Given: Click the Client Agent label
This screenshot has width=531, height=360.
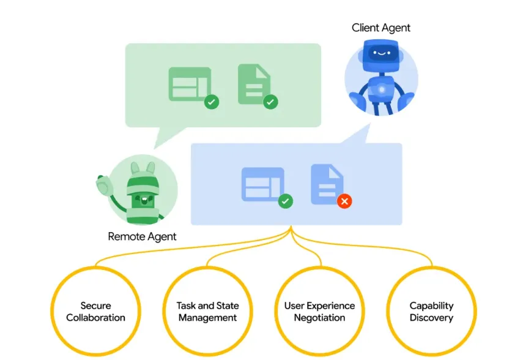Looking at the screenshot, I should point(381,28).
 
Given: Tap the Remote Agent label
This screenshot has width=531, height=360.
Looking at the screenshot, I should point(142,236).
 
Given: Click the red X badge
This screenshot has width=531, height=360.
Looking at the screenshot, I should point(344,201).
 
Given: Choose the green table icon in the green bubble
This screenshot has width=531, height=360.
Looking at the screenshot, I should point(190,83).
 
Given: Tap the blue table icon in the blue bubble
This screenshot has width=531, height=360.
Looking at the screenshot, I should point(262,184).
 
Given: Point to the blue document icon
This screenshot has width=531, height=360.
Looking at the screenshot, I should point(327,184).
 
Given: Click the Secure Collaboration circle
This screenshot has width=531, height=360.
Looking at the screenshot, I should point(95,312).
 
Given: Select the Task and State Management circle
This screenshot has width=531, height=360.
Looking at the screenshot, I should point(207,312).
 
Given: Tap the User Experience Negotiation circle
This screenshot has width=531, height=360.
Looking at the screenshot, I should point(319,312).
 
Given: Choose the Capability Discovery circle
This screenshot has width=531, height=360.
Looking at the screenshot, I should point(431,312).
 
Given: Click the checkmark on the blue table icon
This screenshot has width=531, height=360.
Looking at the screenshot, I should point(285,201).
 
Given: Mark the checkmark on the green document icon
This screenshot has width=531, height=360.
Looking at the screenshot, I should point(270,102).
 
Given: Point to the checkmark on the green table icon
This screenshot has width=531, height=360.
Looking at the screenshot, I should point(212,102).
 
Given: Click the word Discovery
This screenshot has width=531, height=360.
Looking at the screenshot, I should point(431,318).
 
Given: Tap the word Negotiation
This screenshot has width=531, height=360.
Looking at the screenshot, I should point(319,318).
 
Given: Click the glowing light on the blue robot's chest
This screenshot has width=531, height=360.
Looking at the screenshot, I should point(381,89).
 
